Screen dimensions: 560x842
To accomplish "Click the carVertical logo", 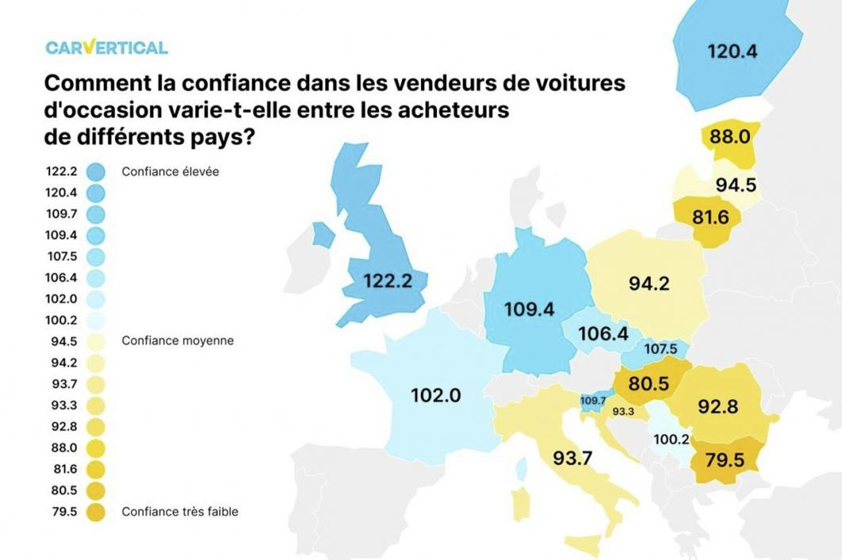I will point(106,47).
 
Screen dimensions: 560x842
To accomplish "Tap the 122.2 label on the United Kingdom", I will point(390,281).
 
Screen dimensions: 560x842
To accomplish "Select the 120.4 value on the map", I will point(732,52).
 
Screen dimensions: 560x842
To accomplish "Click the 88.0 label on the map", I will point(729,136).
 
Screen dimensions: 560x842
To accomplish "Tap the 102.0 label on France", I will point(436,395).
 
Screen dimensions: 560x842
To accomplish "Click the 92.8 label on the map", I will point(716,407).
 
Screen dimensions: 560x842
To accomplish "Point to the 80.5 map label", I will point(648,385).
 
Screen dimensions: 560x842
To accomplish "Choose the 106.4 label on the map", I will point(603,334).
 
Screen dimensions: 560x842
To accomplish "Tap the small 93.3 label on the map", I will point(622,412).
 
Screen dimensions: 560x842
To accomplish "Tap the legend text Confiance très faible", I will point(180,512).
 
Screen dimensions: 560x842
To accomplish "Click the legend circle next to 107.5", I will point(96,256).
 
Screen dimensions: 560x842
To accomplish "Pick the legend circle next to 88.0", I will point(96,447).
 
